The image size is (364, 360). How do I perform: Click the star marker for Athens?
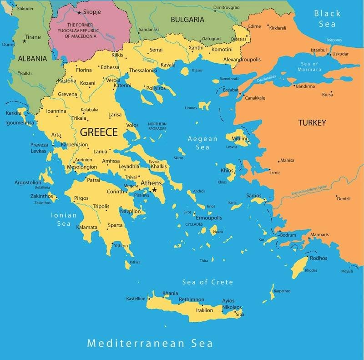(x=155, y=190)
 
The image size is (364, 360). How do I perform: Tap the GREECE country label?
(x=99, y=132)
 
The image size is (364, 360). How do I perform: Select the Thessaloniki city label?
(x=143, y=71)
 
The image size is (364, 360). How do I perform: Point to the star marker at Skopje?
(x=79, y=12)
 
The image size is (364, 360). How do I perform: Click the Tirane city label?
(x=32, y=37)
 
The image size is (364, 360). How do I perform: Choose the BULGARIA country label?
(x=187, y=20)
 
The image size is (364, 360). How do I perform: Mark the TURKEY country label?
(x=312, y=123)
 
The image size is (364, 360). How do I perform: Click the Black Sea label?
(x=330, y=18)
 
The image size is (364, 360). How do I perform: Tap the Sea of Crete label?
(x=207, y=282)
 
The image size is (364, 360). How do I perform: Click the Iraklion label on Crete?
(x=204, y=310)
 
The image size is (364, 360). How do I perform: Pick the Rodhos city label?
(x=318, y=258)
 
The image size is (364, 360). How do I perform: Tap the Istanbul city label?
(x=318, y=50)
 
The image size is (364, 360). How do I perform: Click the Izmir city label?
(x=275, y=173)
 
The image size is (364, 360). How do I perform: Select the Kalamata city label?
(x=86, y=227)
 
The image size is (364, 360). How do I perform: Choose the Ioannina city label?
(x=56, y=111)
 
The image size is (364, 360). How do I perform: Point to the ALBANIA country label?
(x=32, y=58)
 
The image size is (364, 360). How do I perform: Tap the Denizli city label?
(x=344, y=198)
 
